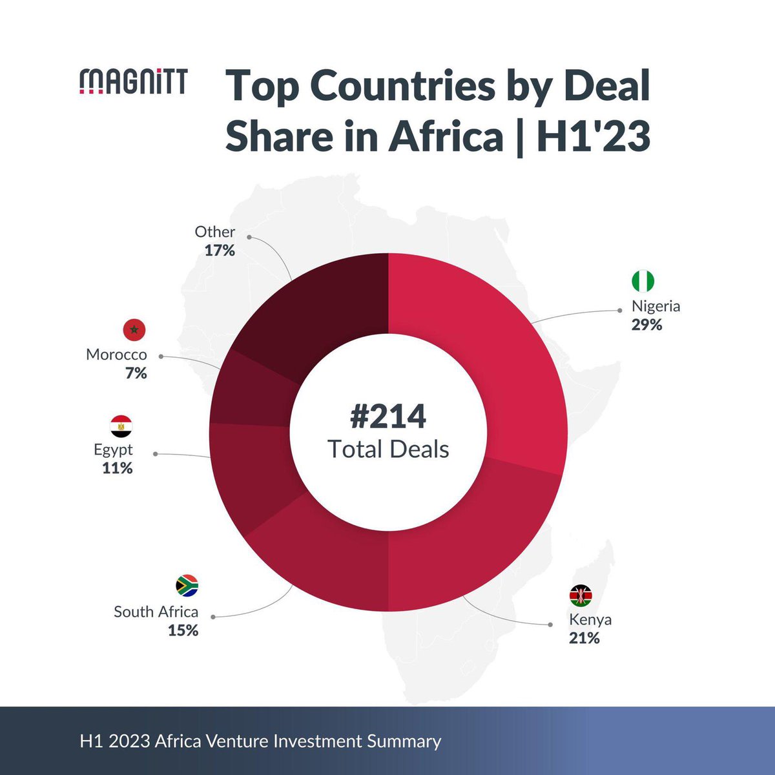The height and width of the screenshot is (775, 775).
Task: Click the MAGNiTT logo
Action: coord(133,82)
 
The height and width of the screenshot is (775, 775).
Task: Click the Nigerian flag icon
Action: coord(643,281)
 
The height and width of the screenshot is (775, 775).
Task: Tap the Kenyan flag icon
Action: coord(581,595)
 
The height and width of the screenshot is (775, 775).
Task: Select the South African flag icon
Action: coord(187,585)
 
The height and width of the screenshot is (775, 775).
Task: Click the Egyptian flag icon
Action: coord(121,426)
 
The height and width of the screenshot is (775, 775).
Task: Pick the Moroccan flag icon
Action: coord(134,330)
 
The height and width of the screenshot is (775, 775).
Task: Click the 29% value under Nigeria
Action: coord(647,325)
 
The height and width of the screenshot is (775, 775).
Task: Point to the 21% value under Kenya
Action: coord(584,639)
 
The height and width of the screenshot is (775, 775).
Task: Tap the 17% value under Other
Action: coord(220,250)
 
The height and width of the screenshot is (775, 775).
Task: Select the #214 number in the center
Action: coord(387,417)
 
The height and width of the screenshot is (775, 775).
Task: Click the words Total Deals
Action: coord(388,449)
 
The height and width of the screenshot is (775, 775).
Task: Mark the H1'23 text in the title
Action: coord(593,137)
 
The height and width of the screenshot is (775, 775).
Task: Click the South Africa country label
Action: coord(156,612)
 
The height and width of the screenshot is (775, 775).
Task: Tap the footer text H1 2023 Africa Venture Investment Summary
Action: coord(260,741)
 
